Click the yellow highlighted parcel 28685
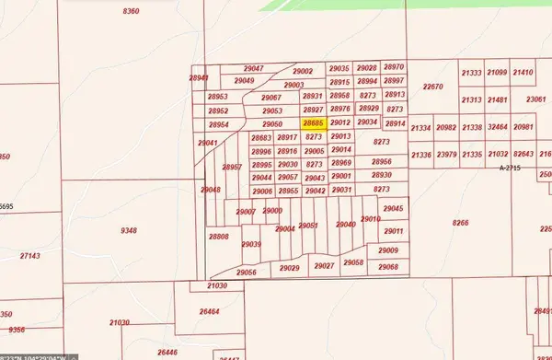coord(314,122)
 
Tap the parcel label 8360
coord(131,10)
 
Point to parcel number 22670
coord(432,87)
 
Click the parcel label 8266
coord(461,222)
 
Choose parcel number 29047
coord(254,69)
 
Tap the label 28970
coord(394,67)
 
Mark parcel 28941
coord(200,78)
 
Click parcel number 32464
coord(498,127)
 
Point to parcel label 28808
coord(219,237)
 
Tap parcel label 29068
coord(387,267)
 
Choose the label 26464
coord(210,312)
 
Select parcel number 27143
coord(29,256)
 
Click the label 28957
coord(232,167)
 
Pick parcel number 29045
coord(394,209)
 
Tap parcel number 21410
coord(523,73)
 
